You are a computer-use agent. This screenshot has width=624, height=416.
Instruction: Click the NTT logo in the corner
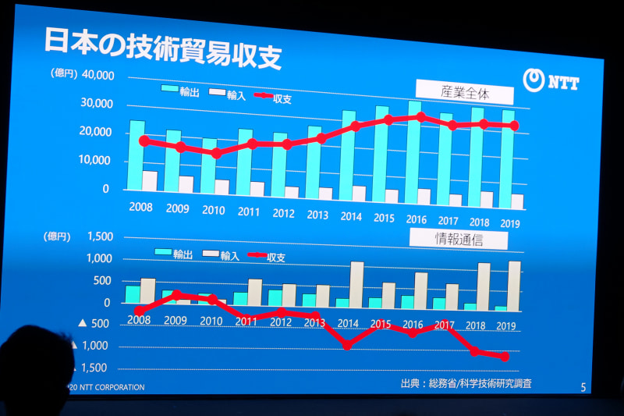(552, 81)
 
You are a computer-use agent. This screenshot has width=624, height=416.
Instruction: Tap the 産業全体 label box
(464, 93)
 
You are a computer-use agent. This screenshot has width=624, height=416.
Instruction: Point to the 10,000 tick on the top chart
(98, 161)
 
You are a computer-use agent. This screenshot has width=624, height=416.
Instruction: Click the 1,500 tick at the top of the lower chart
(98, 236)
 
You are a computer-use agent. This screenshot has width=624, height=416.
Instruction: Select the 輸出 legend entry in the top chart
(181, 91)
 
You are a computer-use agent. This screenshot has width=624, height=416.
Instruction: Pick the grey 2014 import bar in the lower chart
(356, 285)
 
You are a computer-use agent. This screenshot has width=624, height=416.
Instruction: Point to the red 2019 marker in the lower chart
(505, 357)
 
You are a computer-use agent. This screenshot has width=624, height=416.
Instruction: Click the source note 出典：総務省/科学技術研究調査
(467, 383)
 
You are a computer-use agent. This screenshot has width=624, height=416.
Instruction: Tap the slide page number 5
(583, 386)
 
